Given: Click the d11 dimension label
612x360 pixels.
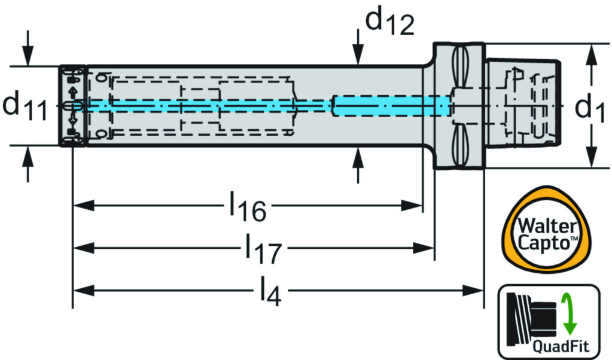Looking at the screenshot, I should [25, 106].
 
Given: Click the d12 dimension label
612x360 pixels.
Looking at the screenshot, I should [389, 23].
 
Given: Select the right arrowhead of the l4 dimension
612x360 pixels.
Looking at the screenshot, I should [475, 291].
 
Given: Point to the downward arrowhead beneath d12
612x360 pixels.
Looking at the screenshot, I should [358, 57].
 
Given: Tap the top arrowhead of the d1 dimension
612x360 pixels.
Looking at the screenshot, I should [591, 52].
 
